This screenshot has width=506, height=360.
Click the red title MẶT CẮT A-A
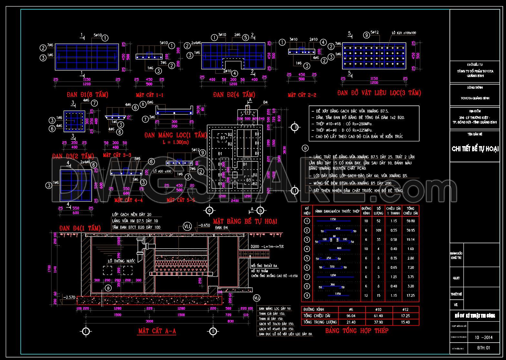coord(157,331)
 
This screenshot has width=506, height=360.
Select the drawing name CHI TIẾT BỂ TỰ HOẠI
coord(475,149)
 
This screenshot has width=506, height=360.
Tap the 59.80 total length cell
coord(410,221)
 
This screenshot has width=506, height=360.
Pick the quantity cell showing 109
coord(378,230)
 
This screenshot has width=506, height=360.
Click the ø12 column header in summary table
coord(405,309)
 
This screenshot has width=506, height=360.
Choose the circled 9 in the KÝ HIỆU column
coord(307,295)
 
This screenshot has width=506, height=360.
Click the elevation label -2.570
coord(69,297)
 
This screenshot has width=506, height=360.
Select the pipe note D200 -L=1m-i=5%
coord(267,246)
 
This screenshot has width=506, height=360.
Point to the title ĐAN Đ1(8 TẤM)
coord(87,95)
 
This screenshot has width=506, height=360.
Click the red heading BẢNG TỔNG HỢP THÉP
coord(357,331)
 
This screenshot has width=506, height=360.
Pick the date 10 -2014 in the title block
coord(483,338)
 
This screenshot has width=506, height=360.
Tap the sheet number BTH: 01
coord(483,348)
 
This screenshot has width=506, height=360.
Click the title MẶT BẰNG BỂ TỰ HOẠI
coord(245,221)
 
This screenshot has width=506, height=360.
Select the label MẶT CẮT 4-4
coord(128,200)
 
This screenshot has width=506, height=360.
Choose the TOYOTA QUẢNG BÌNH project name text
coord(475,98)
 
